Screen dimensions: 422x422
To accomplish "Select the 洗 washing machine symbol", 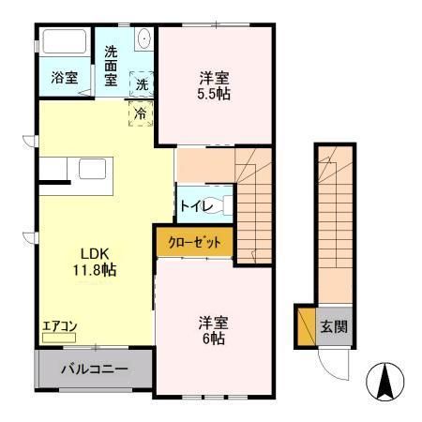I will (x=142, y=83).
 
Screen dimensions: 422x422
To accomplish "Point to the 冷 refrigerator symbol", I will (x=139, y=113).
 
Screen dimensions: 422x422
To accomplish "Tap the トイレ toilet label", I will (x=193, y=204).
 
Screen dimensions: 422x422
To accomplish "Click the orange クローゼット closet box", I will (x=194, y=243).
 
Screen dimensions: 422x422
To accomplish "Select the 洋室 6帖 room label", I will (x=212, y=329).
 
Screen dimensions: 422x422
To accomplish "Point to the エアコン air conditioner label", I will (x=60, y=327).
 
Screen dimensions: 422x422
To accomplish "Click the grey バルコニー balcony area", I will (x=94, y=369).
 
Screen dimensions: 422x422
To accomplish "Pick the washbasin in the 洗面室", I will (x=143, y=38).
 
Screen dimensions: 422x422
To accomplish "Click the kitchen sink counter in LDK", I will (x=94, y=171).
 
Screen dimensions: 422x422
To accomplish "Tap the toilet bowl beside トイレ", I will (x=215, y=203).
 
